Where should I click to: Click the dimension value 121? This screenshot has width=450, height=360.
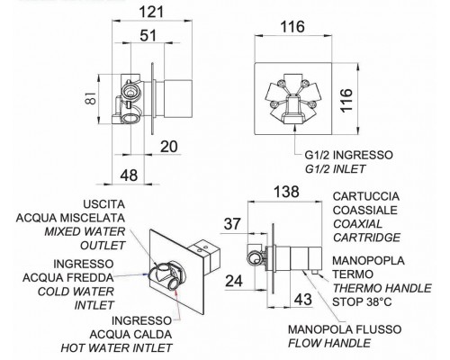click(152, 13)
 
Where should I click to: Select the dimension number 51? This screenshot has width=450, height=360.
click(148, 36)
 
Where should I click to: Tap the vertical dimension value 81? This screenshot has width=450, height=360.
click(93, 97)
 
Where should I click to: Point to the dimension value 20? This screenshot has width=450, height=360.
click(169, 147)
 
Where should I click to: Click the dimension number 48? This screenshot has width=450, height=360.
click(129, 175)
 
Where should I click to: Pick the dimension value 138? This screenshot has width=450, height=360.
click(286, 192)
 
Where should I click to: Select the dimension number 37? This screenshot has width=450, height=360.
click(232, 224)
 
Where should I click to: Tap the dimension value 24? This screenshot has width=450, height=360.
click(234, 282)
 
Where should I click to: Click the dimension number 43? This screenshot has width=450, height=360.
click(303, 300)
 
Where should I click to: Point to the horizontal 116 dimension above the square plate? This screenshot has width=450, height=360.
click(292, 27)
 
